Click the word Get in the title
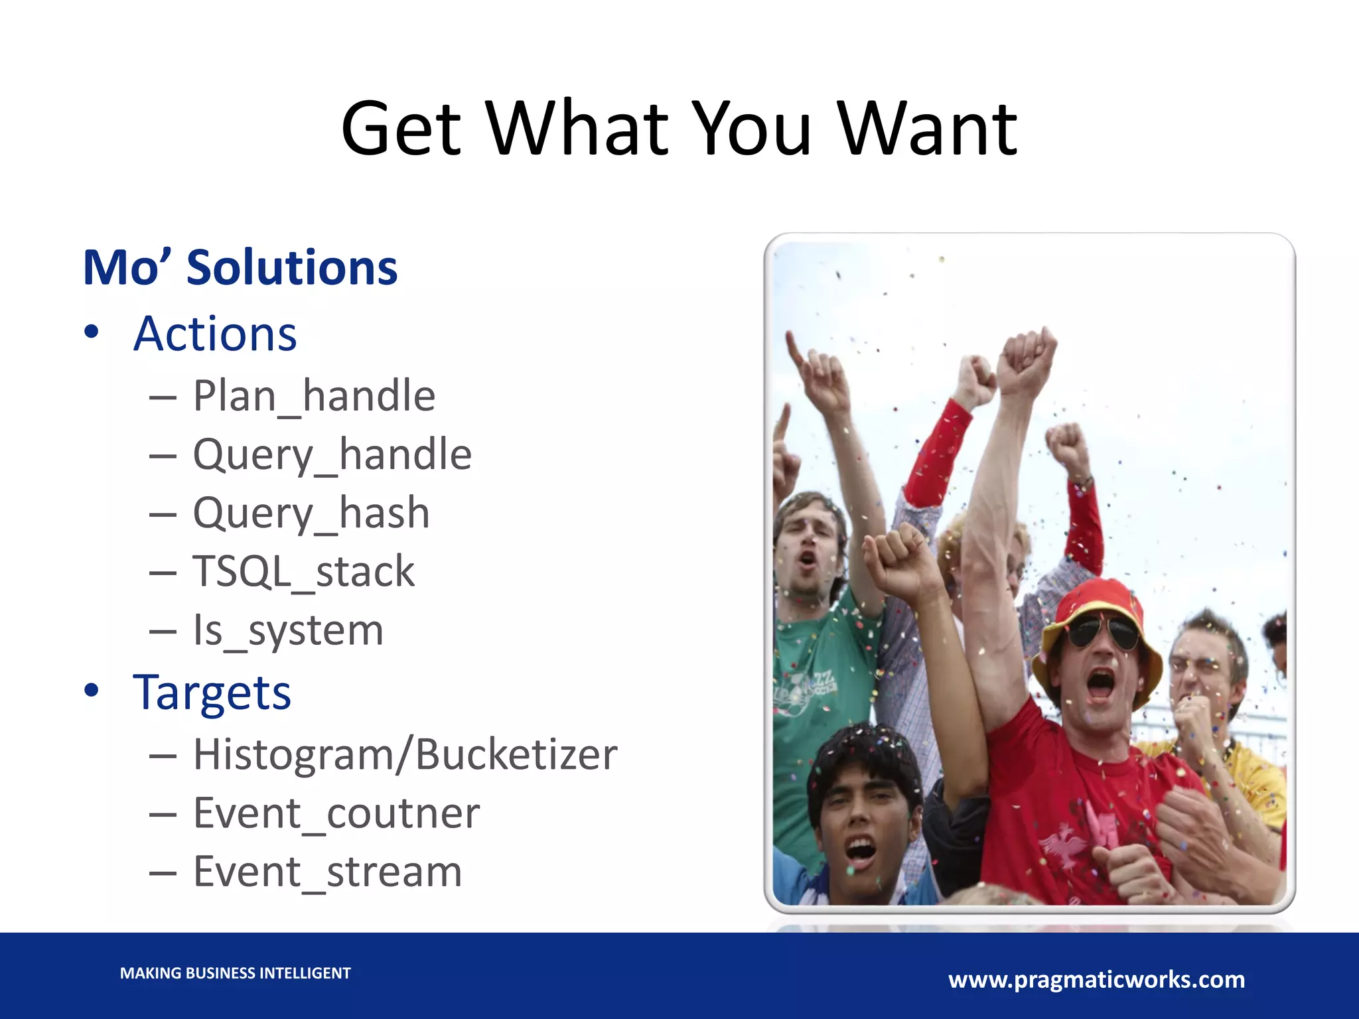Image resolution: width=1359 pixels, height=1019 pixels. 401,129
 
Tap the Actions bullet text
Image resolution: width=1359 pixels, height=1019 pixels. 215,334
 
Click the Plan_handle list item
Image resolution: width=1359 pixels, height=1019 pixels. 314,396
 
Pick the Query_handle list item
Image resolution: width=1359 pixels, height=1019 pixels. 332,455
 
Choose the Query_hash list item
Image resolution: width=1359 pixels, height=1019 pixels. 311,513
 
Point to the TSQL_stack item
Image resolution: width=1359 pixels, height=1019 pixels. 303,572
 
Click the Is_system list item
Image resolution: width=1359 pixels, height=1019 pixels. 288,630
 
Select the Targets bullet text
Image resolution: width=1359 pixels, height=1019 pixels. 212,693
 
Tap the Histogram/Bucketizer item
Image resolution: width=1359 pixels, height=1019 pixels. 405,755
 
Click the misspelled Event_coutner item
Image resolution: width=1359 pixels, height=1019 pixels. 336,813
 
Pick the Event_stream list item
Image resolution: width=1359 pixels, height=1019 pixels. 327,872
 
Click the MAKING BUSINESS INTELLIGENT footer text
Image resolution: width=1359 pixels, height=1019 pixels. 235,973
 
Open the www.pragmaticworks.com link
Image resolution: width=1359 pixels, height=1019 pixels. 1096,980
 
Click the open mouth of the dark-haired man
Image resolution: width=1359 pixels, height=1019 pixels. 861,850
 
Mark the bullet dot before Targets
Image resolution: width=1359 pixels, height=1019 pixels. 92,690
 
